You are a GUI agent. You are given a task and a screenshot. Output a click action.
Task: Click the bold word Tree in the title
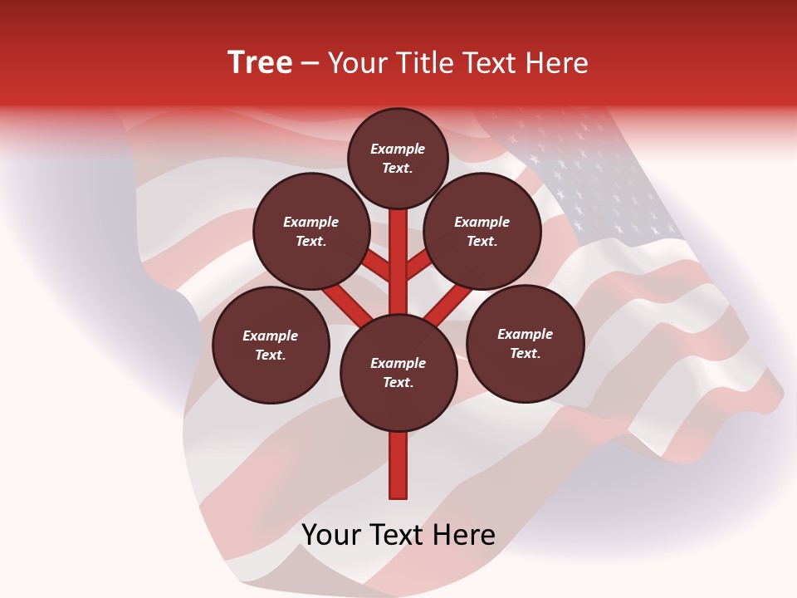pyautogui.click(x=260, y=63)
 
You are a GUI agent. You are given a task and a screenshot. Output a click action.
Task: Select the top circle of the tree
pyautogui.click(x=398, y=158)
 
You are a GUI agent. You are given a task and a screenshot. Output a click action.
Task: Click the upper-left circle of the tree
pyautogui.click(x=311, y=231)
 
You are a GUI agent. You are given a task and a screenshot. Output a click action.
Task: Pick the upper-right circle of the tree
pyautogui.click(x=482, y=231)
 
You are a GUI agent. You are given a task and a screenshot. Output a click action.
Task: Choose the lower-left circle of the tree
pyautogui.click(x=271, y=345)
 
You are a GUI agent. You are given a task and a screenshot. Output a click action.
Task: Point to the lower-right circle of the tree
pyautogui.click(x=526, y=343)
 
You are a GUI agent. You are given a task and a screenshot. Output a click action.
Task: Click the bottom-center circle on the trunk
pyautogui.click(x=398, y=372)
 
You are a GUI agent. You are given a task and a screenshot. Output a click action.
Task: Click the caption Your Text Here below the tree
pyautogui.click(x=398, y=535)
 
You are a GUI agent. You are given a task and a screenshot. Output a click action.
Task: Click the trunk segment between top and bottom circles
pyautogui.click(x=398, y=266)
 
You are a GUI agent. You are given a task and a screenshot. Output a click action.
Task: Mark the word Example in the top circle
pyautogui.click(x=398, y=149)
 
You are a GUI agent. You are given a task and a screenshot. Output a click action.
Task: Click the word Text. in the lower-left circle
pyautogui.click(x=271, y=355)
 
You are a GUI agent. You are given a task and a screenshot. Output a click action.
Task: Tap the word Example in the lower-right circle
pyautogui.click(x=525, y=334)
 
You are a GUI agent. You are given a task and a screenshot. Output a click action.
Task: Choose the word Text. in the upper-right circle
pyautogui.click(x=482, y=241)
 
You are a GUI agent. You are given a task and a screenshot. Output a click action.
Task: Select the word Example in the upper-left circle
pyautogui.click(x=311, y=222)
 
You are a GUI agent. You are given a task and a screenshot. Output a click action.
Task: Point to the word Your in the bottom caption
pyautogui.click(x=332, y=535)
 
